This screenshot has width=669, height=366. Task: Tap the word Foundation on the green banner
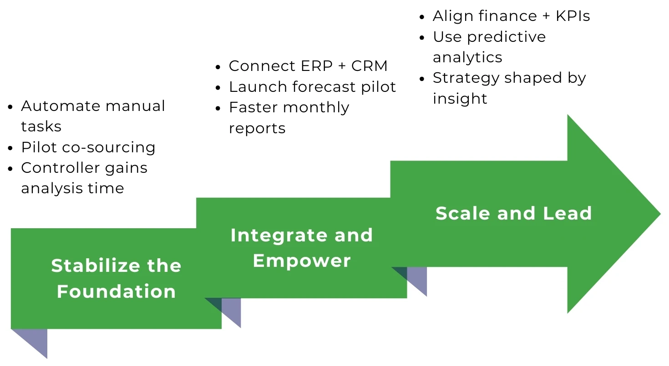pos(116,291)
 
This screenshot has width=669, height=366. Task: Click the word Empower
pos(302,261)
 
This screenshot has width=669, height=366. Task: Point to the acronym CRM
pos(369,66)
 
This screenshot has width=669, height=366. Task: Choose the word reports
pos(257,129)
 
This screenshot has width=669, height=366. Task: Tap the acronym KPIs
pos(573,16)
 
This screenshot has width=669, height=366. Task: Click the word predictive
pos(506,37)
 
